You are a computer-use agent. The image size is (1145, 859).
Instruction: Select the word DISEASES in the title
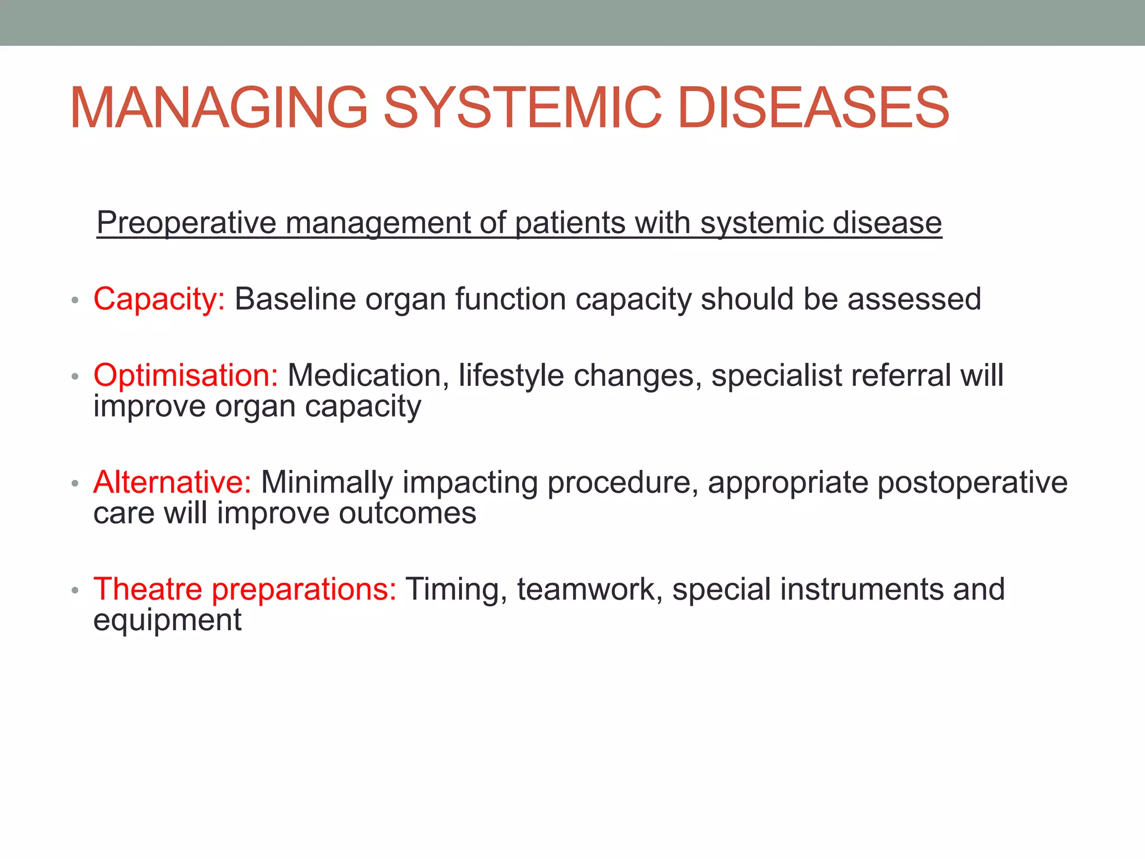[813, 107]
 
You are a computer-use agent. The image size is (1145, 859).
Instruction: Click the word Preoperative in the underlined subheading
[186, 223]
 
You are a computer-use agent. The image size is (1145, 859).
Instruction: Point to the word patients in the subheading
[570, 223]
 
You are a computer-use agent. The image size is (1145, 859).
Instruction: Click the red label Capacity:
[159, 299]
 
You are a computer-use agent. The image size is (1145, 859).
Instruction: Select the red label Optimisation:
[186, 375]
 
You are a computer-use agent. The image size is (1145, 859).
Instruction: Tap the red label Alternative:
[172, 482]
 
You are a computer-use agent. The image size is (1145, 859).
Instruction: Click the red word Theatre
[148, 589]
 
